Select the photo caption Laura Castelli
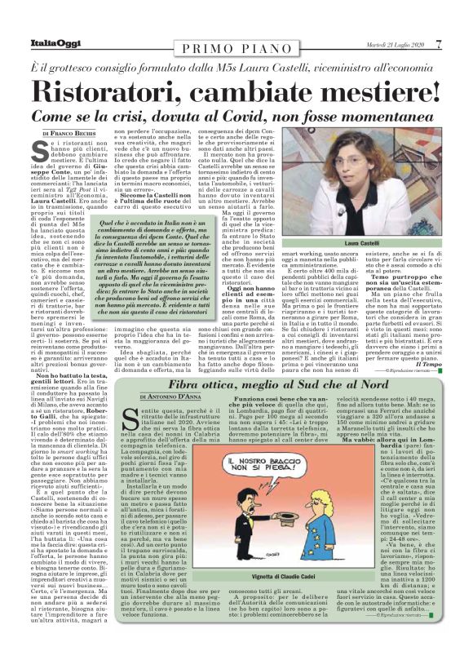click(x=362, y=244)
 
